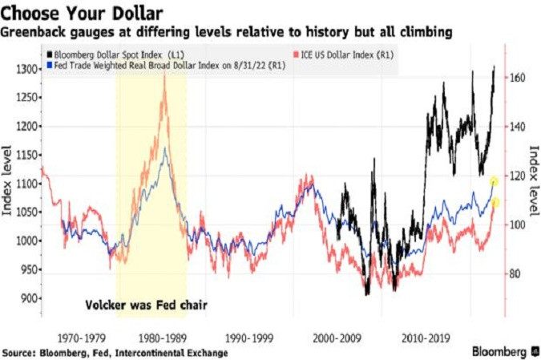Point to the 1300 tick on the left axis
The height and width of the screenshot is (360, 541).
coord(24,70)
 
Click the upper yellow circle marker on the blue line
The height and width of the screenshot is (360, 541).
coord(495,182)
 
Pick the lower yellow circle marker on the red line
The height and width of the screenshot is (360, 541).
coord(496,202)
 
